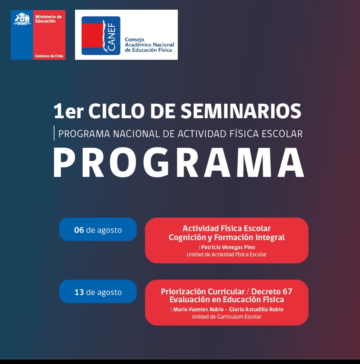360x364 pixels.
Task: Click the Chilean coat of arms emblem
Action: [x=22, y=19]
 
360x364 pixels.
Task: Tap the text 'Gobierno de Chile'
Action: [x=49, y=56]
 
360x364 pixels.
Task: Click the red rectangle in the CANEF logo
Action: [x=93, y=36]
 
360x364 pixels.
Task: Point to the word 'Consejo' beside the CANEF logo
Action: [x=134, y=40]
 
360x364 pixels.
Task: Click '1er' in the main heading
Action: [x=68, y=111]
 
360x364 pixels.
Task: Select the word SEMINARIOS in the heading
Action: [x=241, y=111]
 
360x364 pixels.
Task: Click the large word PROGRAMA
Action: [x=179, y=163]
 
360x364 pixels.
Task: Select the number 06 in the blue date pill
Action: [x=79, y=230]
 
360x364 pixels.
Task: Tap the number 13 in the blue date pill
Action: [x=79, y=292]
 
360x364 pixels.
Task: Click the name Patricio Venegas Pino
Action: [x=228, y=247]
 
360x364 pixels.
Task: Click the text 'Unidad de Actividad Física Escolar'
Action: [x=227, y=254]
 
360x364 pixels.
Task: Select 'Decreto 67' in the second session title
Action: [x=272, y=291]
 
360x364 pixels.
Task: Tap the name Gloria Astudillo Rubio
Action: [x=256, y=309]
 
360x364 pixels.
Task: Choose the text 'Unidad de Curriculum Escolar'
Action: [x=227, y=317]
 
